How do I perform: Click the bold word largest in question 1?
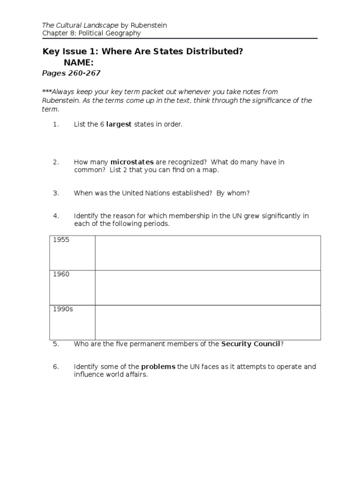coord(119,124)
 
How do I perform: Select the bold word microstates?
coord(132,162)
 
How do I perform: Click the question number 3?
coord(56,193)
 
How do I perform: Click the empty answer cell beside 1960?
coord(208,287)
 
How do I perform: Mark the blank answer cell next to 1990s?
coord(208,322)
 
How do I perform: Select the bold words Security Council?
coord(250,344)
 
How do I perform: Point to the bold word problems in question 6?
coord(158,367)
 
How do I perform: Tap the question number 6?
coord(56,367)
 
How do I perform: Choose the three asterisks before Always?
coord(47,92)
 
